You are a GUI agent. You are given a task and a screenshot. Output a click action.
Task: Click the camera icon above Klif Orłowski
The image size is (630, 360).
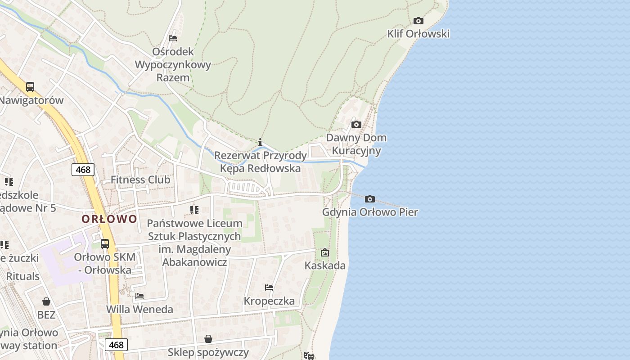418,21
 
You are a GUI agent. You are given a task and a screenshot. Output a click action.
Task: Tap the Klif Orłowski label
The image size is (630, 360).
418,34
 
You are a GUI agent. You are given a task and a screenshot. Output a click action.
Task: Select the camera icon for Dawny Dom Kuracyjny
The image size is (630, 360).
356,124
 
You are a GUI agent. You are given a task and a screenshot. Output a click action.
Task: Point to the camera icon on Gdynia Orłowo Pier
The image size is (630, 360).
369,199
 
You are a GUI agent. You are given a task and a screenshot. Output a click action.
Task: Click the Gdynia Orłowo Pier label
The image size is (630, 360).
370,212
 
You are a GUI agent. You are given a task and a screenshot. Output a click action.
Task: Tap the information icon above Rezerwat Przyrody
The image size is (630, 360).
260,142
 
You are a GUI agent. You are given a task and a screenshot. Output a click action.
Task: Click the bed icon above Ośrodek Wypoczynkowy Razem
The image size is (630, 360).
172,38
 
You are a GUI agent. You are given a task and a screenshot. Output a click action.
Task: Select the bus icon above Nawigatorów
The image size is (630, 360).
30,87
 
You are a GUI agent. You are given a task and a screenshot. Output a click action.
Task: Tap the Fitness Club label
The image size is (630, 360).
140,180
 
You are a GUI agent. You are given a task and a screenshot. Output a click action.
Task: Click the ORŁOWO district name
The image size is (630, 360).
109,219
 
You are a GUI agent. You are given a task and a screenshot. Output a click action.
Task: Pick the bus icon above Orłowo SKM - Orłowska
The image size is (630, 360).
105,244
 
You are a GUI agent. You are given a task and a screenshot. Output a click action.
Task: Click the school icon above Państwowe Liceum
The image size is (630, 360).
194,210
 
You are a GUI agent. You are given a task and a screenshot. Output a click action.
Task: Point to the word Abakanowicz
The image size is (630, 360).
194,262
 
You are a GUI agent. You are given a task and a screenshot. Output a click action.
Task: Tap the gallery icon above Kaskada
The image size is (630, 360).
325,252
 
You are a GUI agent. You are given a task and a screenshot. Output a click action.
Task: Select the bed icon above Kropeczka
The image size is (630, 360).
269,288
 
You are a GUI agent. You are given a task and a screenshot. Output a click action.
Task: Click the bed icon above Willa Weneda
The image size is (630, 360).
139,296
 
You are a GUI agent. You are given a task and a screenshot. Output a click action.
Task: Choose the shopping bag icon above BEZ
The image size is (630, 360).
46,301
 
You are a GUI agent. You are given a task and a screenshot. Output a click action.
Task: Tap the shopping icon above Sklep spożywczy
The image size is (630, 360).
208,338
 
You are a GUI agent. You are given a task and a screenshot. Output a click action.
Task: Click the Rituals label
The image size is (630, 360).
23,276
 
